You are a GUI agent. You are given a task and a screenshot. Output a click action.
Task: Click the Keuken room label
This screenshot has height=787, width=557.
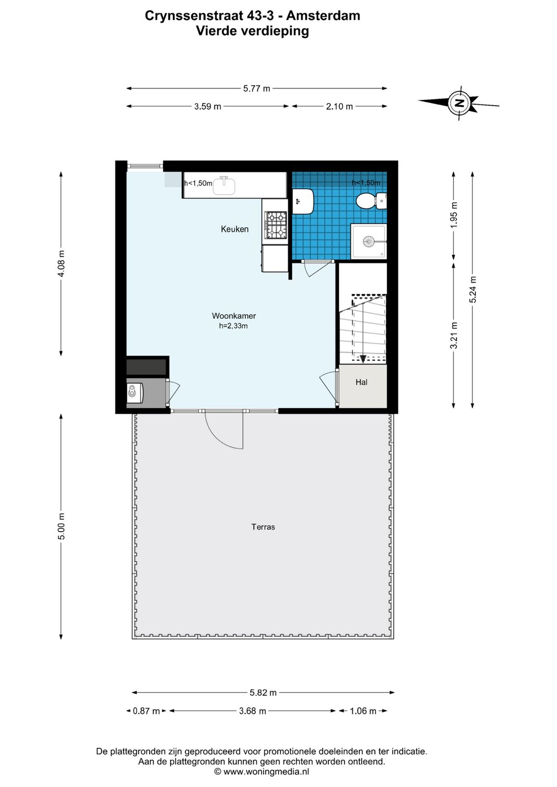pyautogui.click(x=234, y=229)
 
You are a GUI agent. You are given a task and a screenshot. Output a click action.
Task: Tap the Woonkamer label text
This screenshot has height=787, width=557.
pyautogui.click(x=234, y=316)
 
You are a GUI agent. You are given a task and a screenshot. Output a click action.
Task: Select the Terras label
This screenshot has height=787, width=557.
pyautogui.click(x=263, y=527)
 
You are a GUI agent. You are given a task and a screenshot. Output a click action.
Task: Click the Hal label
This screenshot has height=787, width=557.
pyautogui.click(x=361, y=382)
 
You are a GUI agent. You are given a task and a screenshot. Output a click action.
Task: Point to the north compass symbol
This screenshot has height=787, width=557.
pyautogui.click(x=459, y=103)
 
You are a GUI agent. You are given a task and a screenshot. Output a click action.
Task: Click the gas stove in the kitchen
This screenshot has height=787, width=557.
pyautogui.click(x=276, y=225)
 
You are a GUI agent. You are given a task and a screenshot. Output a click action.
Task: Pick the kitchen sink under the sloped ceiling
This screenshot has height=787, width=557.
pyautogui.click(x=224, y=185)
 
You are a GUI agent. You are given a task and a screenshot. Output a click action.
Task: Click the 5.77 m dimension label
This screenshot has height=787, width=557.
pyautogui.click(x=256, y=89)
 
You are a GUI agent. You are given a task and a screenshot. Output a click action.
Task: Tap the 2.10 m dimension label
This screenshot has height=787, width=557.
pyautogui.click(x=339, y=106)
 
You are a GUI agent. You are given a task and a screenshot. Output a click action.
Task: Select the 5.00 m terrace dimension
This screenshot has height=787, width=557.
pyautogui.click(x=62, y=526)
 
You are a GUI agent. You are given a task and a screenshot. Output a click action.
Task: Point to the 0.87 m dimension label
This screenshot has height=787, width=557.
pyautogui.click(x=146, y=711)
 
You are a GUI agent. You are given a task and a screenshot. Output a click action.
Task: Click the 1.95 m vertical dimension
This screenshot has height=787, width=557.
pyautogui.click(x=454, y=214)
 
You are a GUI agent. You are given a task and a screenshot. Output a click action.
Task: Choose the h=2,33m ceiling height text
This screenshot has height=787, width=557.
pyautogui.click(x=233, y=326)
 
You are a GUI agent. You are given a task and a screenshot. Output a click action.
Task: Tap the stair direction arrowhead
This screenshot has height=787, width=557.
pyautogui.click(x=363, y=359)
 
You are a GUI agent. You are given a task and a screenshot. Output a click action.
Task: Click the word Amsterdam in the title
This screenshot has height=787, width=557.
pyautogui.click(x=323, y=16)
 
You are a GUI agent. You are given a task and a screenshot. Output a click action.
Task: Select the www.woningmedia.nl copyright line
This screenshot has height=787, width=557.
pyautogui.click(x=261, y=772)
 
